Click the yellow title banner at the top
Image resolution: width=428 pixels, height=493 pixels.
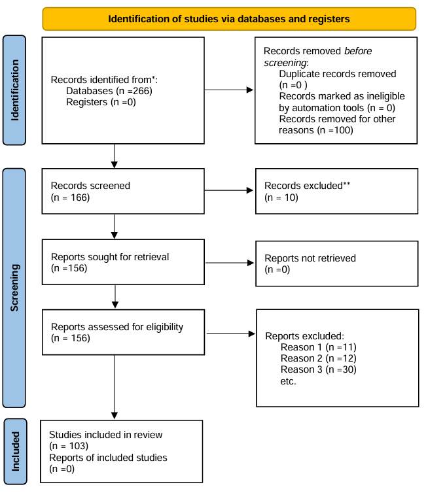(229, 19)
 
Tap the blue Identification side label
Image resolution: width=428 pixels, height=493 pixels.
(14, 90)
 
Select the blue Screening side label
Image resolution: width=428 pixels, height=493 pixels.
(14, 288)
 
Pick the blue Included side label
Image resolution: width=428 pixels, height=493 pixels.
(16, 451)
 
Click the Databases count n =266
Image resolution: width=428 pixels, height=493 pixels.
(134, 91)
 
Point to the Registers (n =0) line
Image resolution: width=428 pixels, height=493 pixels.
(101, 102)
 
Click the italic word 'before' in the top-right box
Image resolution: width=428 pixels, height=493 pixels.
(358, 51)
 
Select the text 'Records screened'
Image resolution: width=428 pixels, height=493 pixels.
(90, 186)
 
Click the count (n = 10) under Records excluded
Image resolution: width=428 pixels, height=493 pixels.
(281, 197)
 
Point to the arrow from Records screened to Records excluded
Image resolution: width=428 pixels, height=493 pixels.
(229, 190)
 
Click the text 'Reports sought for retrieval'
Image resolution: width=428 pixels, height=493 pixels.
(110, 257)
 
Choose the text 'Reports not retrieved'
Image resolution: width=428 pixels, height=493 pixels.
(310, 258)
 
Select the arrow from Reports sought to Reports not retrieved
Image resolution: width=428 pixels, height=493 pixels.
(230, 263)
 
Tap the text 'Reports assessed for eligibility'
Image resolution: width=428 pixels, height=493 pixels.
(117, 327)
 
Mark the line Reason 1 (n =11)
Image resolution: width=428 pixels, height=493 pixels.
(319, 347)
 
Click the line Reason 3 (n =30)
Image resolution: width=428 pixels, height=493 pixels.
(319, 369)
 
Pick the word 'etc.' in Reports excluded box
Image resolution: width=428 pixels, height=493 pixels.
(288, 381)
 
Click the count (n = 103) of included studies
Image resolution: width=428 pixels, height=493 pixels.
(69, 446)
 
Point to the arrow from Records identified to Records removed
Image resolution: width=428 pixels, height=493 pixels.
(229, 90)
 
